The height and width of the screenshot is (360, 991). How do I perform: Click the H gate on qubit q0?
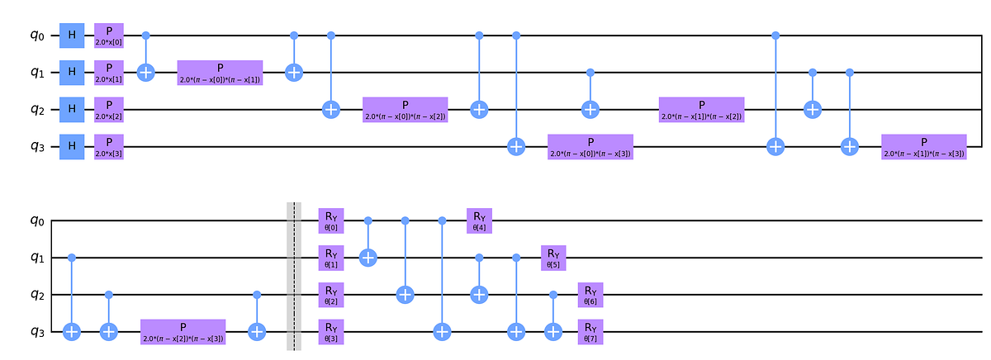72,36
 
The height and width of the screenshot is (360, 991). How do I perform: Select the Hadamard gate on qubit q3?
72,146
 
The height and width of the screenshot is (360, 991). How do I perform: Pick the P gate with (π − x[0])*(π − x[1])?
220,73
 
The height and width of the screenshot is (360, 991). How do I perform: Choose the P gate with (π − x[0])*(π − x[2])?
405,109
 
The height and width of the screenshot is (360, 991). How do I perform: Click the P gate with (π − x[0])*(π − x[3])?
590,146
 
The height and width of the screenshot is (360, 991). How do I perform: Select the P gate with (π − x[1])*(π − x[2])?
700,109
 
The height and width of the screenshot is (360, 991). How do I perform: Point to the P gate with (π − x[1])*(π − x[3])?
922,146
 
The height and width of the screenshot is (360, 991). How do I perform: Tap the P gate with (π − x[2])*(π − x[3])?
183,331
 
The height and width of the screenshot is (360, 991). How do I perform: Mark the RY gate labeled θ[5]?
552,258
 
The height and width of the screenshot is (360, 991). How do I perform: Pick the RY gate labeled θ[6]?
590,294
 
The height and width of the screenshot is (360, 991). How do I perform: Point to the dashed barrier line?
293,276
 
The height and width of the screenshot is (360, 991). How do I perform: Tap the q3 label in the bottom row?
26,331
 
